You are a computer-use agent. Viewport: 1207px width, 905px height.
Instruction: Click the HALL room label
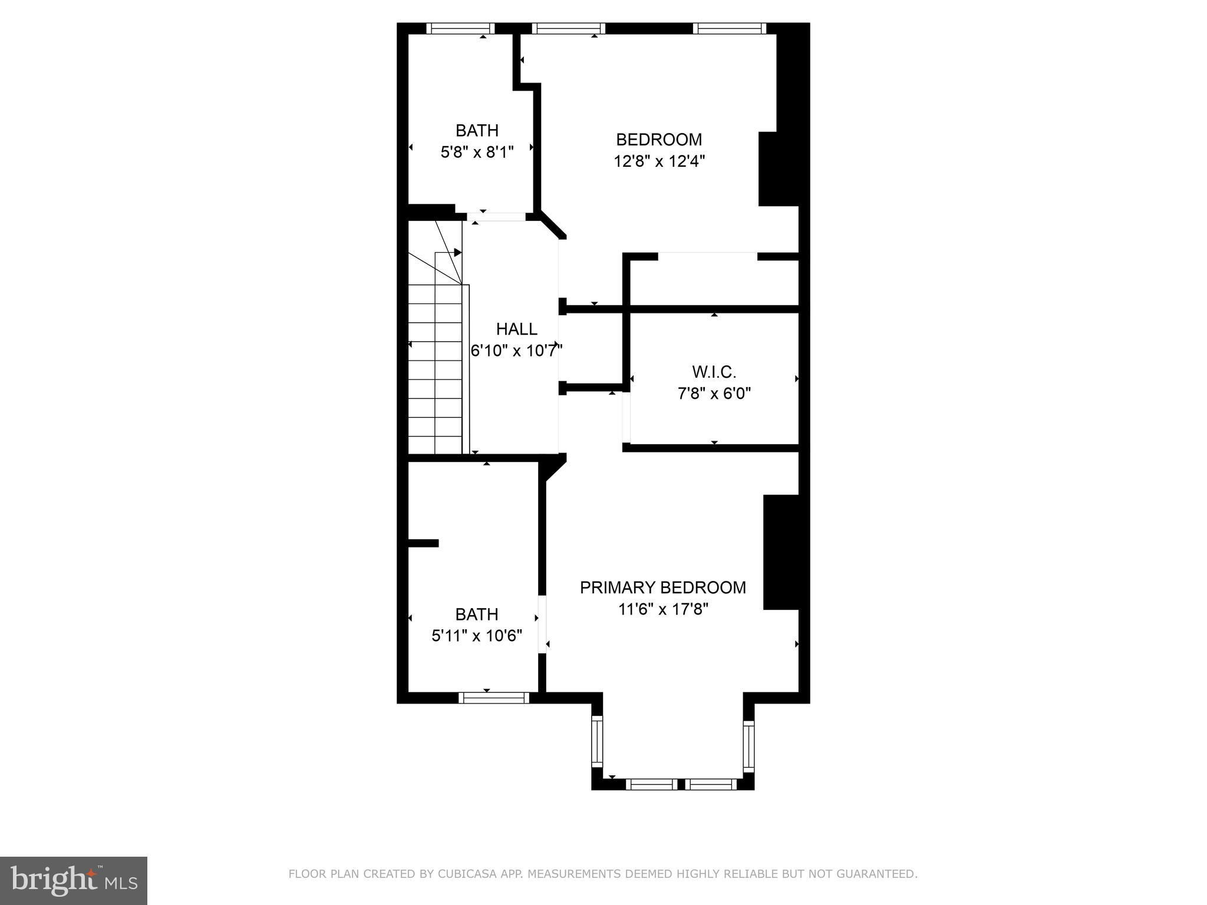516,329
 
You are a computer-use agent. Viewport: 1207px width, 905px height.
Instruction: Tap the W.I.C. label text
714,372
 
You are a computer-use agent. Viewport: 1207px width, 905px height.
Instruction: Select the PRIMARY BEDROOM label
663,587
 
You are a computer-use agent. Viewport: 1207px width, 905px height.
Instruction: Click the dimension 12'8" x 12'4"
659,161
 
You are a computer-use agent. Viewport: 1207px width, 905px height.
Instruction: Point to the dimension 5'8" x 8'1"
477,152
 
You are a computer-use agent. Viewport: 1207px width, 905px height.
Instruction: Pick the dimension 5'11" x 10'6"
477,636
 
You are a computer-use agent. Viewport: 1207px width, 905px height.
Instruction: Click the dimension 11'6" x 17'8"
663,609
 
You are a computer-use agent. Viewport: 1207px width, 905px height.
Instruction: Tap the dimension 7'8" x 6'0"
714,393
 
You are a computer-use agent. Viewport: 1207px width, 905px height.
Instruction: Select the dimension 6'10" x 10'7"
516,351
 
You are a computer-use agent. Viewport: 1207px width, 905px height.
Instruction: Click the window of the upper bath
460,28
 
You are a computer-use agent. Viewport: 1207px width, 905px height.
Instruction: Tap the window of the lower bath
494,698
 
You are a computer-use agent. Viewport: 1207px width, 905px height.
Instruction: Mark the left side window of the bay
598,741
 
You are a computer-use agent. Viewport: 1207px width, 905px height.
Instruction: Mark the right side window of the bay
748,746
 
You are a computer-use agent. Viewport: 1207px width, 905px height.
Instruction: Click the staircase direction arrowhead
457,253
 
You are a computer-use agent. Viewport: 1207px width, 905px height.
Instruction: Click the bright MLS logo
74,881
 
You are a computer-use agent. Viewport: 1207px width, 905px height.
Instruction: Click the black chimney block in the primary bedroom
781,552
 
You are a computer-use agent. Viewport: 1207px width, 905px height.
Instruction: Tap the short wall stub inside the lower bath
424,543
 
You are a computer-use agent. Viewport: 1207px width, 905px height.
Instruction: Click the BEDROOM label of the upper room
659,140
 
